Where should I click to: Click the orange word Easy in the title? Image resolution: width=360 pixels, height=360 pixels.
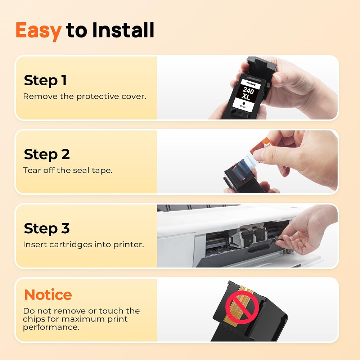coord(39,31)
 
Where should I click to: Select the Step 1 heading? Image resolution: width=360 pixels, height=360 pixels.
coord(45,81)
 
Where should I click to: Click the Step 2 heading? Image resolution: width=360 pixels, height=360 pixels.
coord(46,154)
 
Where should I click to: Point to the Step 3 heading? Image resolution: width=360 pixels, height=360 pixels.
coord(46,229)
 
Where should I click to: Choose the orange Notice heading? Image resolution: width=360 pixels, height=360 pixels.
coord(48,294)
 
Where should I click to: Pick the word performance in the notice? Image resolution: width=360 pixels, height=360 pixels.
coord(51,327)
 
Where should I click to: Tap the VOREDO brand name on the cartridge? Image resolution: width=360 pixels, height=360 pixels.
coord(251,84)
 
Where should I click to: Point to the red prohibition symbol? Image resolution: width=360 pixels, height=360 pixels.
coord(242,307)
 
